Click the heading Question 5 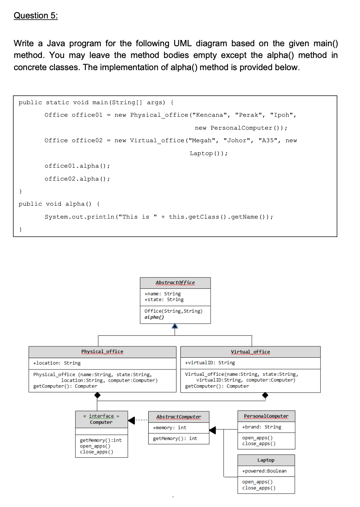coord(36,16)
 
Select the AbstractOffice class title coord(175,282)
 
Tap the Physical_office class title coord(102,351)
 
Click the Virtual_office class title coord(250,351)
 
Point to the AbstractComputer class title coord(178,416)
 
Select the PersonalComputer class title coord(266,416)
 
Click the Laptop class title coord(266,460)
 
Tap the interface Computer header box coord(101,419)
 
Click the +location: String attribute coord(57,363)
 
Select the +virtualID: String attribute coord(210,363)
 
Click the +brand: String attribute coord(262,427)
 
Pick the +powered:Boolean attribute coord(264,471)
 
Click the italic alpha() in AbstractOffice coord(154,317)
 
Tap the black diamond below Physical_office coord(98,396)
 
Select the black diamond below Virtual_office coord(266,396)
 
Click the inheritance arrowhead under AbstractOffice coord(175,326)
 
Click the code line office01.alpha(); coord(77,166)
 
